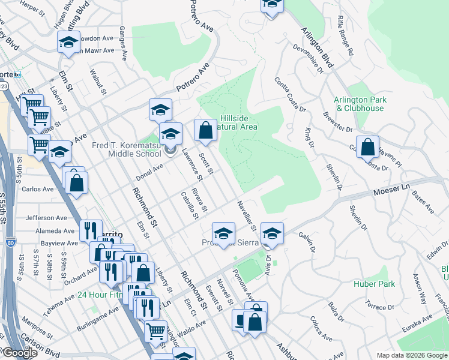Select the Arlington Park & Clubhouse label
tap(360, 104)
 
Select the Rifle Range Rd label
tap(345, 36)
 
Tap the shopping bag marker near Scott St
tap(205, 130)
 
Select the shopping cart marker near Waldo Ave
tap(156, 331)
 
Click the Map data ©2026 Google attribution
tap(412, 355)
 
